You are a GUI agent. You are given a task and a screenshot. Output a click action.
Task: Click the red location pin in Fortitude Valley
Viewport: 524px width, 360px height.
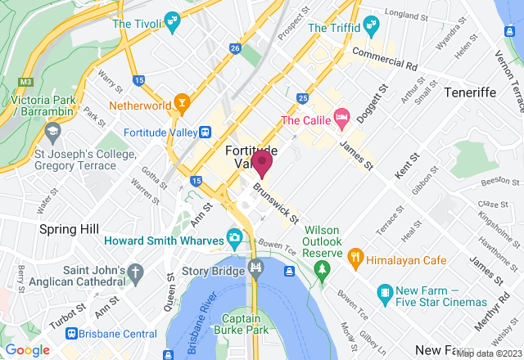pos(262,163)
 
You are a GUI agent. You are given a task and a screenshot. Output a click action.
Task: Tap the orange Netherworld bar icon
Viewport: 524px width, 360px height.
pos(183,106)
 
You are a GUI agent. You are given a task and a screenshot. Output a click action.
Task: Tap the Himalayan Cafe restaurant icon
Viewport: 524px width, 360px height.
pos(355,257)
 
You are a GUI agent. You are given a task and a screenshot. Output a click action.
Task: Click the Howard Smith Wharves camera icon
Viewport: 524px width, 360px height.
pos(234,239)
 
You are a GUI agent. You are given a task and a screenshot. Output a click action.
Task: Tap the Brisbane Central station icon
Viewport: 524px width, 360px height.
pos(73,334)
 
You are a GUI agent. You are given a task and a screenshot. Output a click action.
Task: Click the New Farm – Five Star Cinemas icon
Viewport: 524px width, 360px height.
pos(386,291)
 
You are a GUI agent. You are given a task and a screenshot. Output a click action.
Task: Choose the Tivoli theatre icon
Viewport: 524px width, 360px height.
pos(172,20)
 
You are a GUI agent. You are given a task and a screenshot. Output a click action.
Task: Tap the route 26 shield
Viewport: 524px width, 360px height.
pos(235,50)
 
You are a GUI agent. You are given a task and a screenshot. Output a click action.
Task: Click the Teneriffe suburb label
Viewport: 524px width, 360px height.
pos(471,92)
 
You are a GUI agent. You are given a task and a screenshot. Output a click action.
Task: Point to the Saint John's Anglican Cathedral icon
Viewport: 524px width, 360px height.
pos(133,271)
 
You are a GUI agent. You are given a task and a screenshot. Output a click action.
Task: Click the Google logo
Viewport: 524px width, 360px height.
pos(28,349)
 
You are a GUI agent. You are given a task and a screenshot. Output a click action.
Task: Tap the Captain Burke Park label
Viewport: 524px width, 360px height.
pos(251,326)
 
